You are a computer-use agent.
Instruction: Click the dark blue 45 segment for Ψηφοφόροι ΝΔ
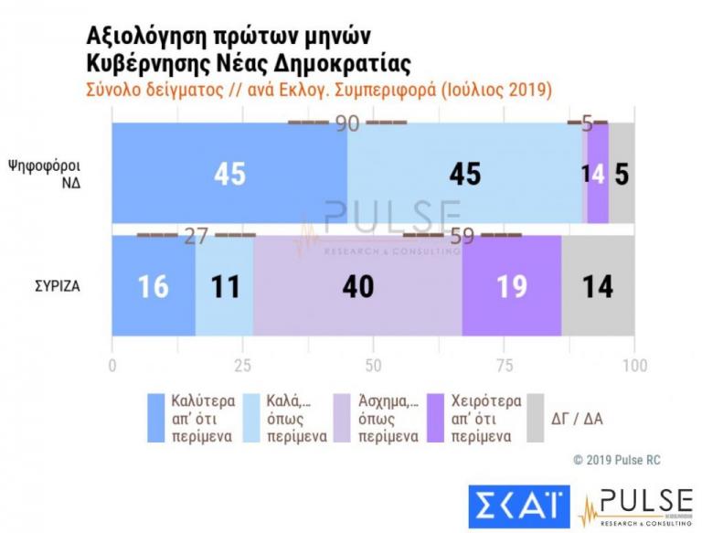(229, 173)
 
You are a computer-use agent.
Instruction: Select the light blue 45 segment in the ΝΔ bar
(464, 173)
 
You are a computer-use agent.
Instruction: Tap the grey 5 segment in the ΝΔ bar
(622, 173)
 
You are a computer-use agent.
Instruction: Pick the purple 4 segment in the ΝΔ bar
(598, 173)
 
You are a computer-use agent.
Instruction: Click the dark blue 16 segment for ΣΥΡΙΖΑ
(154, 285)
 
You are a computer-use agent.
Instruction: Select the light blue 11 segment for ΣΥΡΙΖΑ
(224, 285)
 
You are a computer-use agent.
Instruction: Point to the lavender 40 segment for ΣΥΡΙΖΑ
(357, 285)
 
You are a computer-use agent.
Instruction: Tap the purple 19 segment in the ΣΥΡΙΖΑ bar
(512, 285)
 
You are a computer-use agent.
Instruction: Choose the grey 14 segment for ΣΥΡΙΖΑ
(598, 285)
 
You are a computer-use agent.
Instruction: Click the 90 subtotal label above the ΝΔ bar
(347, 123)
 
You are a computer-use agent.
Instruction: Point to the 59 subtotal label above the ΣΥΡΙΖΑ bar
(463, 236)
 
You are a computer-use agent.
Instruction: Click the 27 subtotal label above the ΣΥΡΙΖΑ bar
(197, 236)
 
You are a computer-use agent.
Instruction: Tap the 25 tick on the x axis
(242, 366)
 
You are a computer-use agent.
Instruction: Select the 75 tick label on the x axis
(504, 366)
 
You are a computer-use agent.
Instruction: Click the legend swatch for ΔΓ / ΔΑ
(537, 418)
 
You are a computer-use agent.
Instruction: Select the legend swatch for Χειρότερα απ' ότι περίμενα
(437, 418)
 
